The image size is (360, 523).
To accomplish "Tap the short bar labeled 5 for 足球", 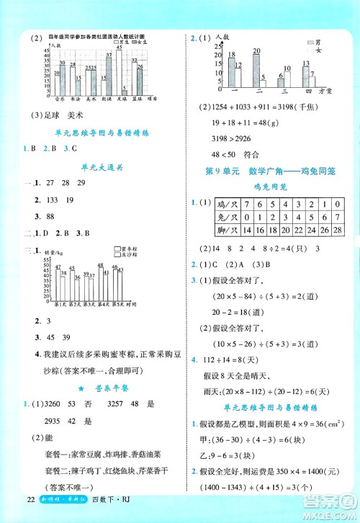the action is pos(125,91).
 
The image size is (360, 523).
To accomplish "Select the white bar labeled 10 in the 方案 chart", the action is pos(287,78).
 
